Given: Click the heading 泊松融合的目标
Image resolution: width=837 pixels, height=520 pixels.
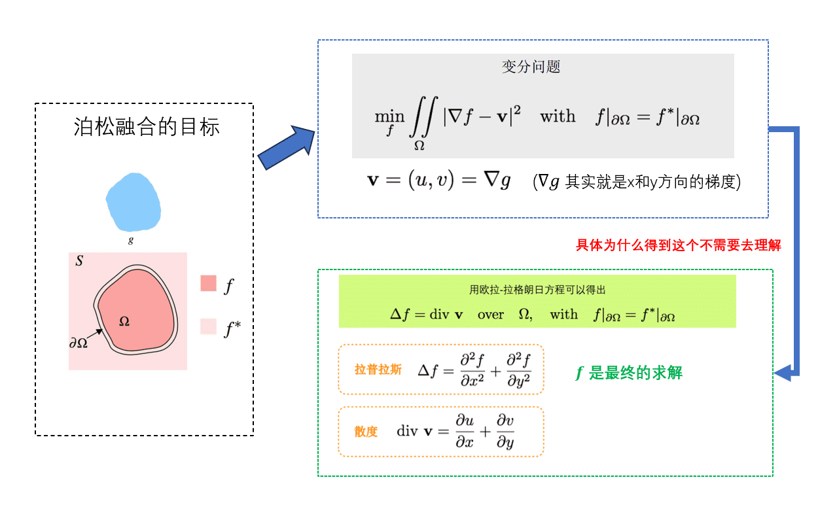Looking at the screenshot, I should [147, 126].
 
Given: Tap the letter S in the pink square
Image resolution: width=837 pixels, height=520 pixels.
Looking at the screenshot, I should [79, 261].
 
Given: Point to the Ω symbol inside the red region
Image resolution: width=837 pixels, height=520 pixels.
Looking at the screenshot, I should [124, 321].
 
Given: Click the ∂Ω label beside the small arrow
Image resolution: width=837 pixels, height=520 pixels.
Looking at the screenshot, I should [79, 342].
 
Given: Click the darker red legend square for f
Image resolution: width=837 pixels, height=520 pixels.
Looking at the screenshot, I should [208, 283].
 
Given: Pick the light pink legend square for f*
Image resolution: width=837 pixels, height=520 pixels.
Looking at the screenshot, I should [208, 326].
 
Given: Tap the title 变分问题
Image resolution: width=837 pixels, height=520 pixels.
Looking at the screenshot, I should [531, 67].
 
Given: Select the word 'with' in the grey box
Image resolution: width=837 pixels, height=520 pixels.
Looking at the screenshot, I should [558, 116].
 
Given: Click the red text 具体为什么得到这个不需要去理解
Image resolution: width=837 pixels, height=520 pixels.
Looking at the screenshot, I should [678, 245].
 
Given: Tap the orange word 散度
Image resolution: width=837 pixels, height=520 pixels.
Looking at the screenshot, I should [366, 432].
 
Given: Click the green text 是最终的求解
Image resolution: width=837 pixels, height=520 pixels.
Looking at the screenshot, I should [635, 373].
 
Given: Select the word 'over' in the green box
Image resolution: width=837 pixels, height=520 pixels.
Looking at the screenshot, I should [491, 315].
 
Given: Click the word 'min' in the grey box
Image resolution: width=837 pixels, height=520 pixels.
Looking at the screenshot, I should [389, 116].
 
